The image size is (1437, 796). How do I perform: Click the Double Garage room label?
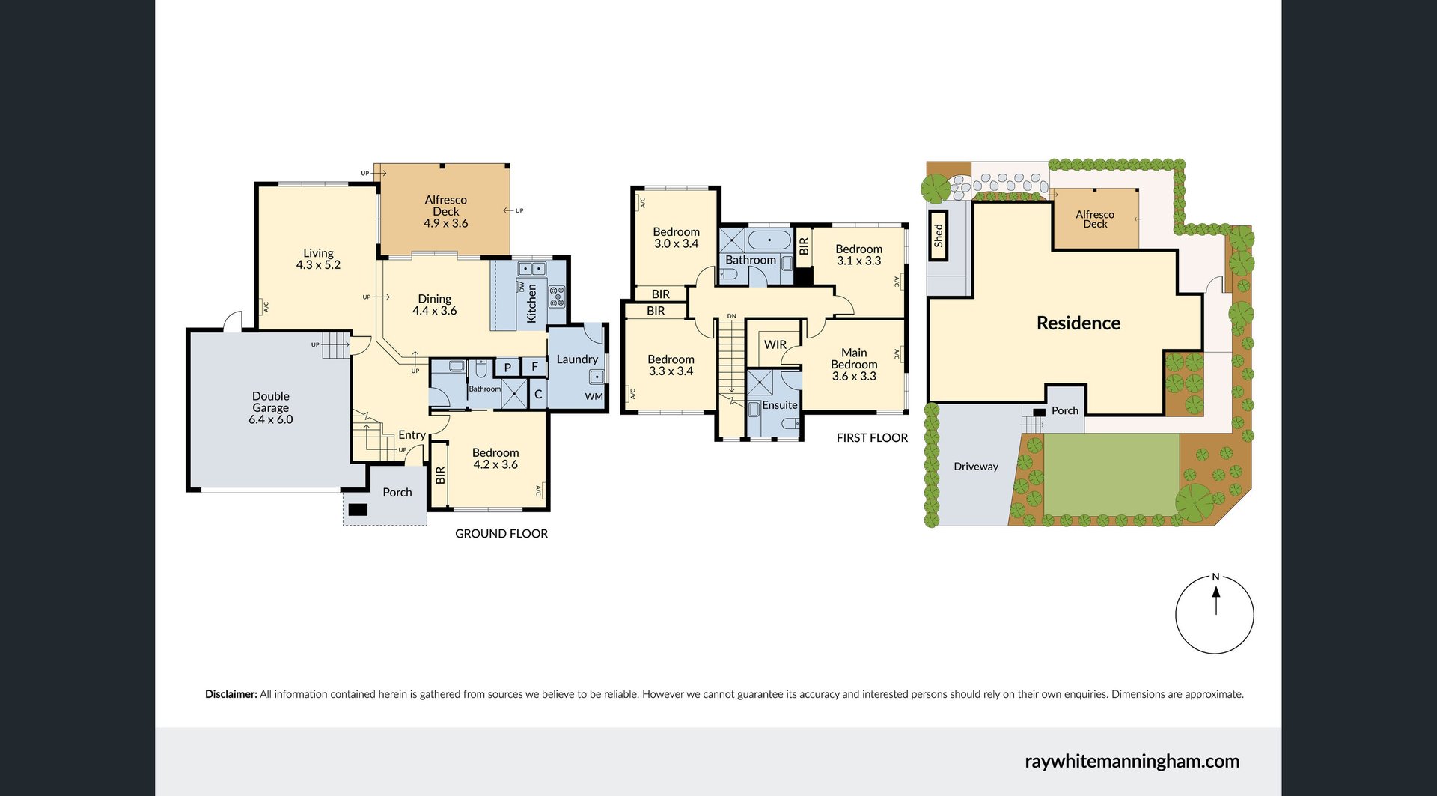click(271, 407)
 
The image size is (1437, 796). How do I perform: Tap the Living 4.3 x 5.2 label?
click(318, 259)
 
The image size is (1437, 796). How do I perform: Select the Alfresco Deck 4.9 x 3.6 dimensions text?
click(446, 223)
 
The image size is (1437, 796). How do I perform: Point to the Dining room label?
click(435, 299)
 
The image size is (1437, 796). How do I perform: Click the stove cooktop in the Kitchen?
click(557, 297)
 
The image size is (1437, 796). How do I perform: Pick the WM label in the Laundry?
click(594, 397)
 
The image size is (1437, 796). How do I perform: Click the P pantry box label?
click(507, 368)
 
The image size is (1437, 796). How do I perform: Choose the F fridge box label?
click(534, 367)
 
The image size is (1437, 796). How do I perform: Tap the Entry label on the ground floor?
click(412, 435)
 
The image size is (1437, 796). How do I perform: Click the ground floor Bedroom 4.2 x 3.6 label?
click(495, 458)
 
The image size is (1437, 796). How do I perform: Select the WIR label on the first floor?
click(775, 345)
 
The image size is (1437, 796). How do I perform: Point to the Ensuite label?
click(780, 405)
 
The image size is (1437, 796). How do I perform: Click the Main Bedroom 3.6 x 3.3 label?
click(854, 365)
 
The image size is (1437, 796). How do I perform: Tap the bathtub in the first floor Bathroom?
click(769, 240)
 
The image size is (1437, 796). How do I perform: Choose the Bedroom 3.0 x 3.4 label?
click(676, 238)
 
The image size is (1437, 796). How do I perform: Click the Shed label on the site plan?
click(939, 236)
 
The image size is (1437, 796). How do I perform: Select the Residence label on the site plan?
click(1078, 323)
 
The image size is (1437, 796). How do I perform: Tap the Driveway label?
click(976, 467)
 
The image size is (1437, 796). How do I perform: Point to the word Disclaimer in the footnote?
click(231, 694)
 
